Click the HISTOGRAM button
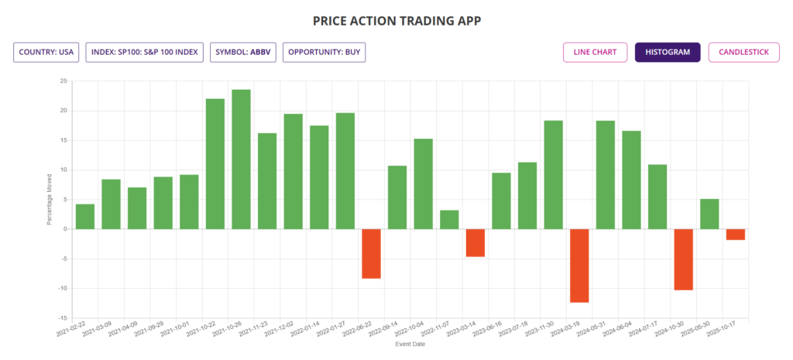(668, 53)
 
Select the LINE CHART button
(595, 53)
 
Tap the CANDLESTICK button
(743, 53)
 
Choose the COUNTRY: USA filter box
(46, 53)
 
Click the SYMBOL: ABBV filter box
(243, 53)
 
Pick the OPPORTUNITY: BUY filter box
(324, 53)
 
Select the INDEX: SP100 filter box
(145, 53)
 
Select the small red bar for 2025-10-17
(736, 235)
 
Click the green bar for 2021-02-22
(85, 217)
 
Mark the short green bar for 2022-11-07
(449, 220)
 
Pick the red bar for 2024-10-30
(683, 259)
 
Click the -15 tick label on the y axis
(63, 318)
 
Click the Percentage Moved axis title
(49, 199)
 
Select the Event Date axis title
(410, 343)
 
